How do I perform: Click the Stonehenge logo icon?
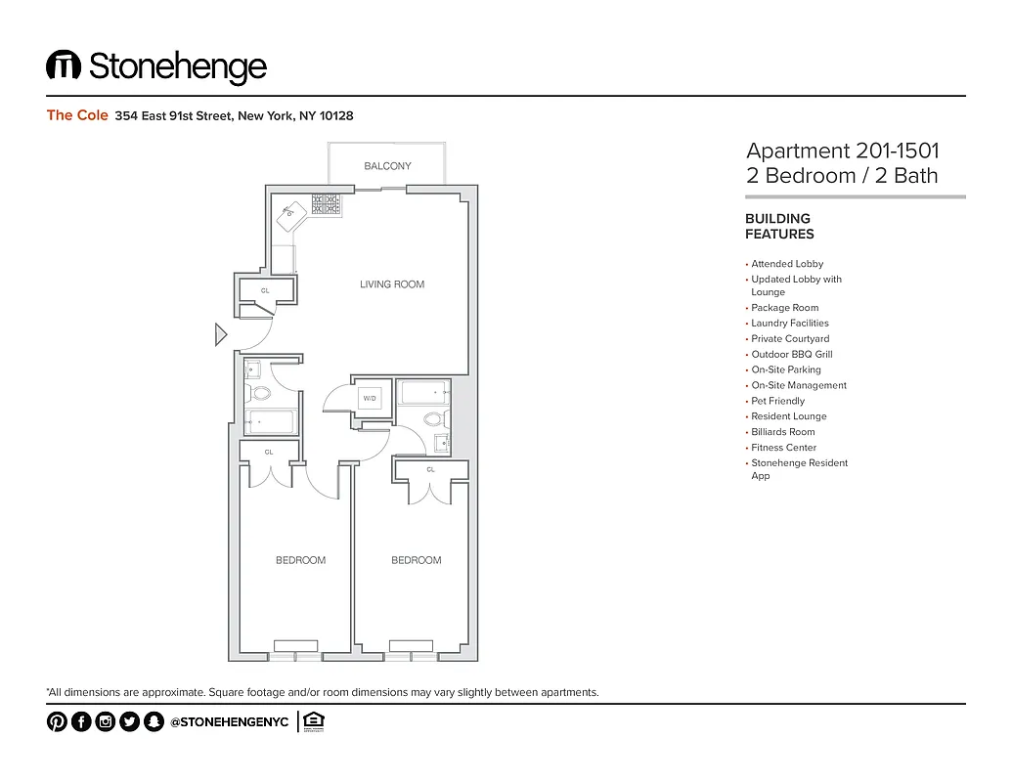(x=64, y=65)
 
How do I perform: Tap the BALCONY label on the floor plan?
(x=387, y=166)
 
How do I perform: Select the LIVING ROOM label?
(x=392, y=284)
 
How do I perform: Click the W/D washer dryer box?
(x=371, y=399)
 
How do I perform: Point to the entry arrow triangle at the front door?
(x=220, y=335)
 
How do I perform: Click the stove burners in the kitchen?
(x=326, y=203)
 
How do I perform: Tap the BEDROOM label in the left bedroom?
(x=300, y=560)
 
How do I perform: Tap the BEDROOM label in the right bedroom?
(x=417, y=560)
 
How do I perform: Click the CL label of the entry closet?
(x=265, y=290)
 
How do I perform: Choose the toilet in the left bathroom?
(x=260, y=394)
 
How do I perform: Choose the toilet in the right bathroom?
(x=433, y=419)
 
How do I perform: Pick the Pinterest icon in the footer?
(x=57, y=722)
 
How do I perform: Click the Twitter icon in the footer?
(x=129, y=722)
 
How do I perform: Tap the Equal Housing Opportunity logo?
(x=314, y=721)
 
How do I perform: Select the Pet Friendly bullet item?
(x=777, y=401)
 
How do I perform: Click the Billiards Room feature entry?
(x=782, y=432)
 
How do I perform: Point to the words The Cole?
(x=77, y=115)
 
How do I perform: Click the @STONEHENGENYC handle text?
(x=229, y=722)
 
